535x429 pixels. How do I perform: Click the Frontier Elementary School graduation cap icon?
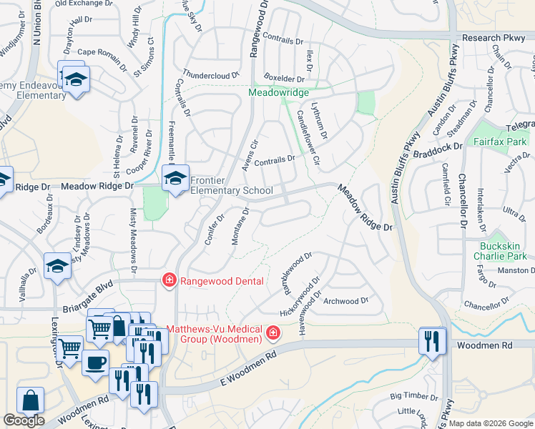coord(174,179)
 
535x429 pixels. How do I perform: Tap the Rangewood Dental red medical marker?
coord(169,280)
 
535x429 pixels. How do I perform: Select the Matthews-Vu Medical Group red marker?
coord(273,333)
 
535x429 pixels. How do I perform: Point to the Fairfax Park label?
coord(500,142)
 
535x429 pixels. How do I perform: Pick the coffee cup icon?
coord(96,363)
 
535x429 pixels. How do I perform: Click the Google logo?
coord(24,420)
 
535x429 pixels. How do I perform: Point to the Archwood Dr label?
coord(345,301)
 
